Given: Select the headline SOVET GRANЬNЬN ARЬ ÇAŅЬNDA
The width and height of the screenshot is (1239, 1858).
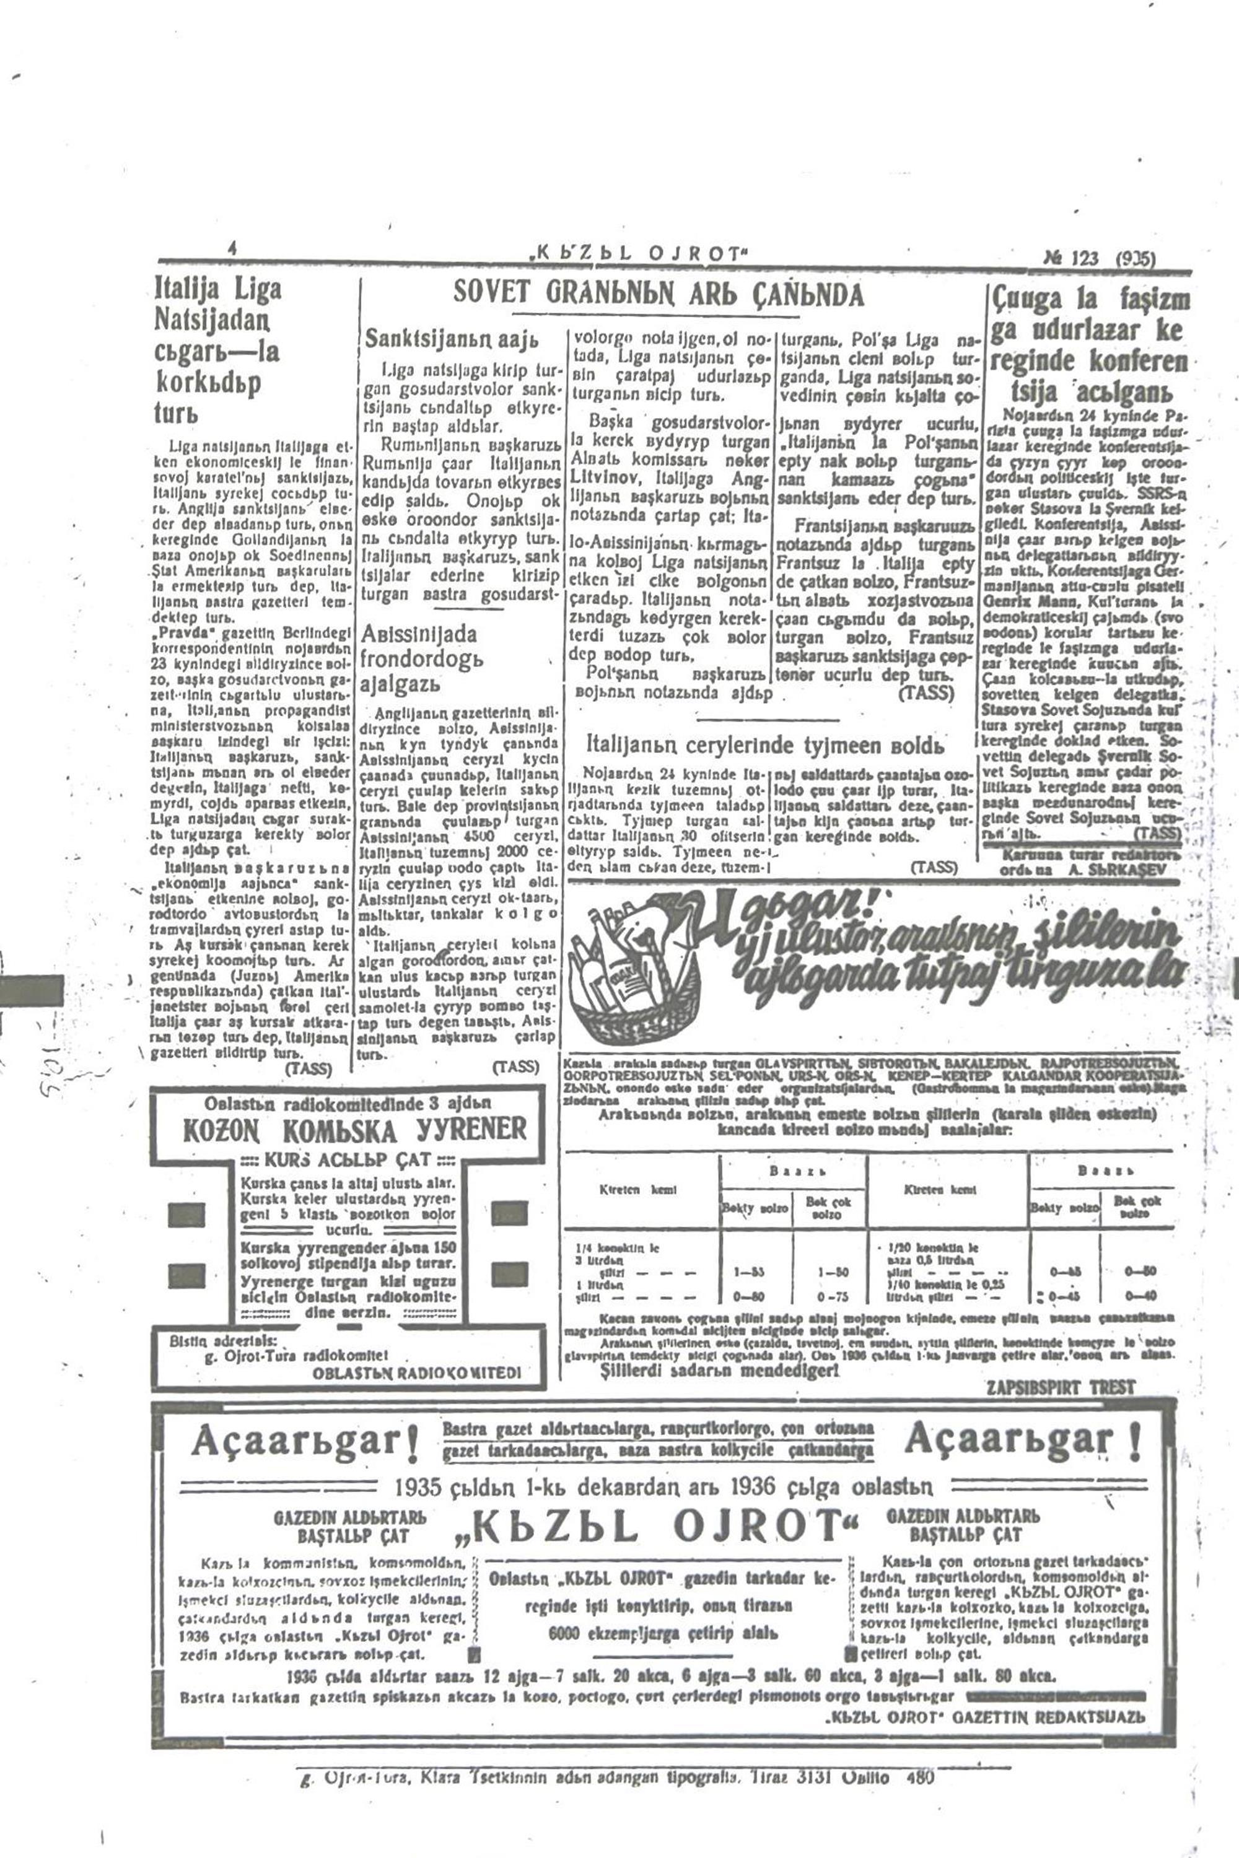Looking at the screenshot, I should pos(659,295).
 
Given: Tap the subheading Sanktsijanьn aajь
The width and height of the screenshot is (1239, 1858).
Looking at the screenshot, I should pos(452,339).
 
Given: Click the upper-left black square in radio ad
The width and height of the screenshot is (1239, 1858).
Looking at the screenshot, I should pos(186,1213).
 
